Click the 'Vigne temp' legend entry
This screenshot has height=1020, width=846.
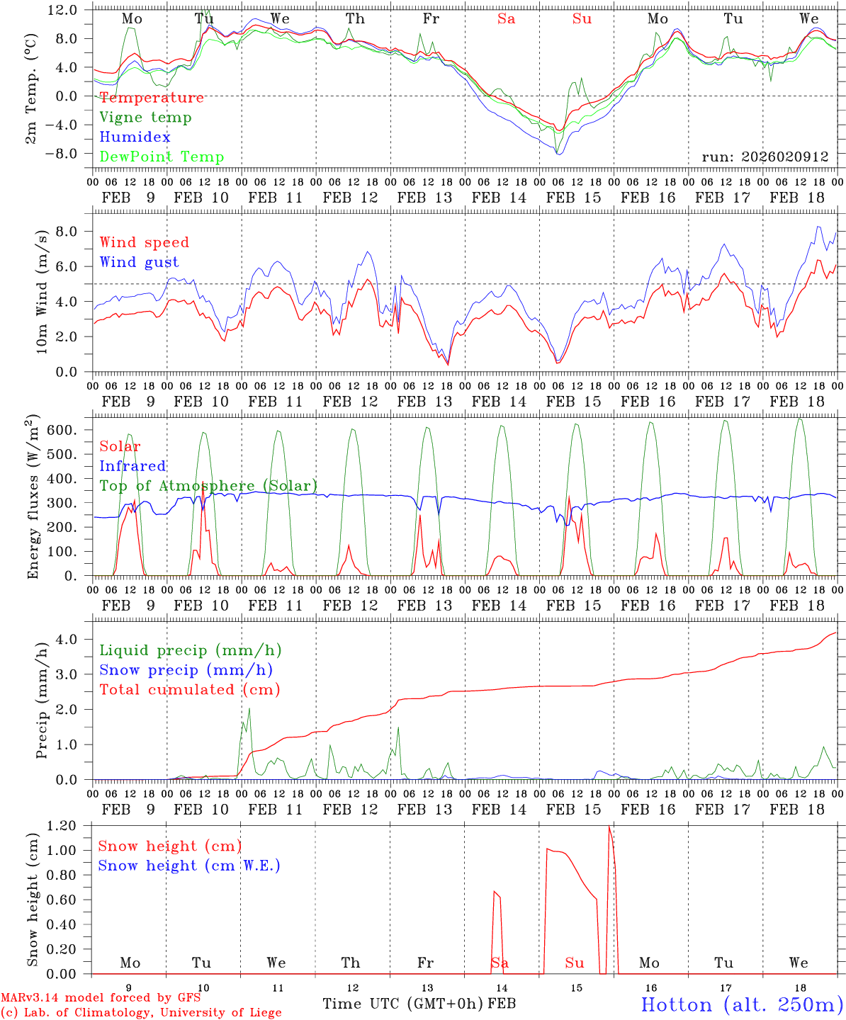coord(145,118)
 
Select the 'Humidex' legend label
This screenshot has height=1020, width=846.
coord(135,137)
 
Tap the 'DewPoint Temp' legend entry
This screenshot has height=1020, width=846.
coord(162,157)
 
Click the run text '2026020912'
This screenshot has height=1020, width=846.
coord(786,157)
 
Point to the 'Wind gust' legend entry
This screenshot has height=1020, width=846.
coord(139,262)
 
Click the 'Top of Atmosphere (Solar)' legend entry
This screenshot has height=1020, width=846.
coord(208,486)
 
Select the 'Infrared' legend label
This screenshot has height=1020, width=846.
coord(132,466)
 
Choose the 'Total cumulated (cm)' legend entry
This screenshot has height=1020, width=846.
coord(189,690)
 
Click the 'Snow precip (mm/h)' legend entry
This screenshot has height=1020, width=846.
coord(186,670)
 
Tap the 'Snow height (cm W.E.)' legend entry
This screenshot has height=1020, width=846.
coord(188,866)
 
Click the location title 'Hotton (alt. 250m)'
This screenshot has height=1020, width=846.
coord(741,1004)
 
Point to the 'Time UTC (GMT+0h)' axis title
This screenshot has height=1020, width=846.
coord(403,1004)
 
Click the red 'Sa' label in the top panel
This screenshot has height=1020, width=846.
coord(506,19)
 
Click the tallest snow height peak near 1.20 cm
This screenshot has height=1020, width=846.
coord(609,827)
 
